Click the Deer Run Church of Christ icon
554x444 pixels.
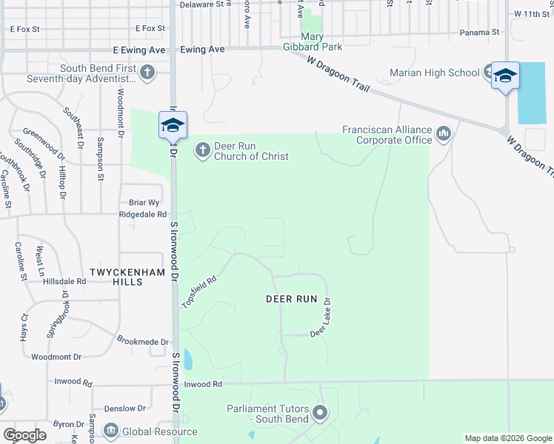[201, 151]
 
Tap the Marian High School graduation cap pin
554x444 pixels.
[505, 75]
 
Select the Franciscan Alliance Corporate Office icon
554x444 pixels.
[444, 134]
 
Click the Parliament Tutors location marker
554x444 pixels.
[320, 413]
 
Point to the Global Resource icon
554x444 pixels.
[111, 431]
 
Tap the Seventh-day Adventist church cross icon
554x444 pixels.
[147, 73]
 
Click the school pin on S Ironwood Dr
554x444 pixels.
[172, 124]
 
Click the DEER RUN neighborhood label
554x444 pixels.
[291, 299]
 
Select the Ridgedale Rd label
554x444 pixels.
[143, 214]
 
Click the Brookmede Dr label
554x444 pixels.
[143, 341]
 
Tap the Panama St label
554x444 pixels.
[479, 33]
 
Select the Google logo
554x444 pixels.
[24, 435]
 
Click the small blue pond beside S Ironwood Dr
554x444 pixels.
[187, 360]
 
